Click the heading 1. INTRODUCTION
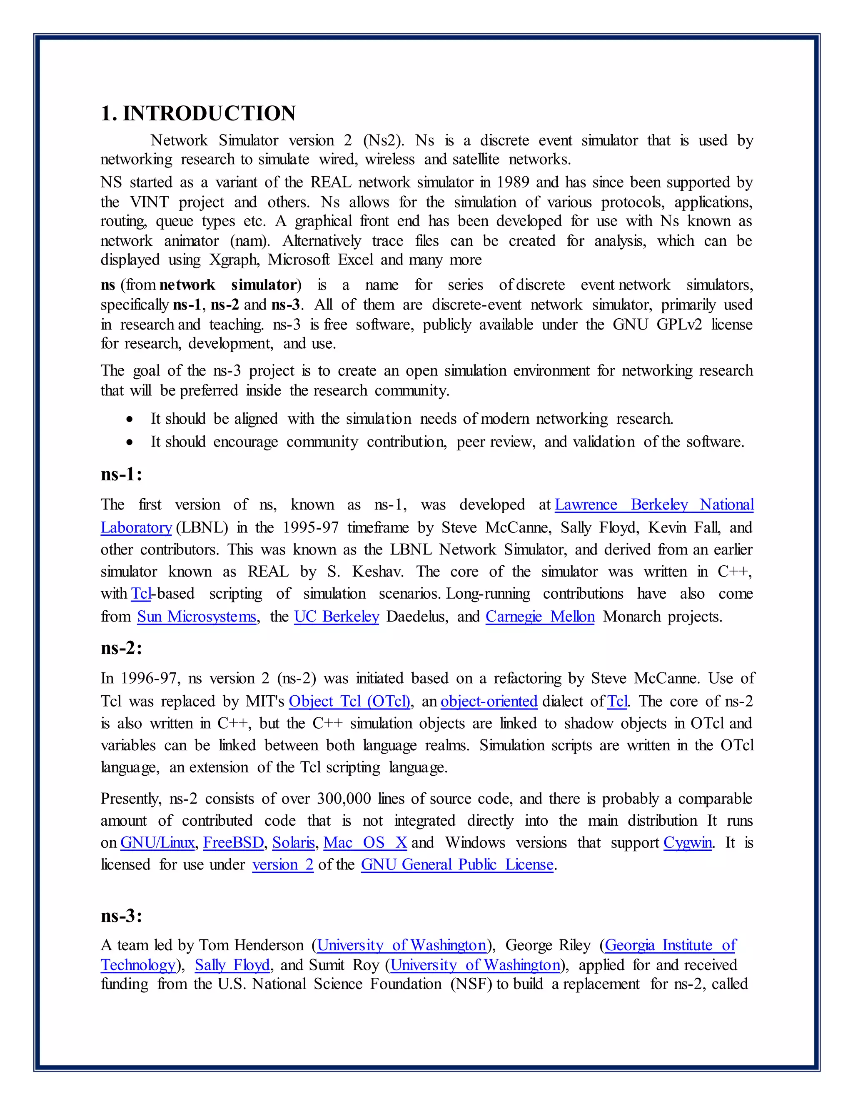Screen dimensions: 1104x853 (x=198, y=113)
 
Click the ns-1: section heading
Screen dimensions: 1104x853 (x=121, y=474)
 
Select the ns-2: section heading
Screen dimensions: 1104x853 (x=121, y=647)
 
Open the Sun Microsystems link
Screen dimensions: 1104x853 (x=197, y=617)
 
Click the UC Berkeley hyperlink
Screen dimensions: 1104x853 (x=337, y=617)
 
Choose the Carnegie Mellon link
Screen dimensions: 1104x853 (x=540, y=617)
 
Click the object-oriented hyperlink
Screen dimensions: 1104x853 (x=489, y=702)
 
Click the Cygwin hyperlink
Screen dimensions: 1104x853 (x=688, y=843)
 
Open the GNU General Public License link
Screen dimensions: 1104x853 (x=457, y=865)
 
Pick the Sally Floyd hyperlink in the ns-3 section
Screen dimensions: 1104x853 (x=232, y=965)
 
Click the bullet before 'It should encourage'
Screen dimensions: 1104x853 (x=130, y=442)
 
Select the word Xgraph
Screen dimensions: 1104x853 (x=234, y=260)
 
